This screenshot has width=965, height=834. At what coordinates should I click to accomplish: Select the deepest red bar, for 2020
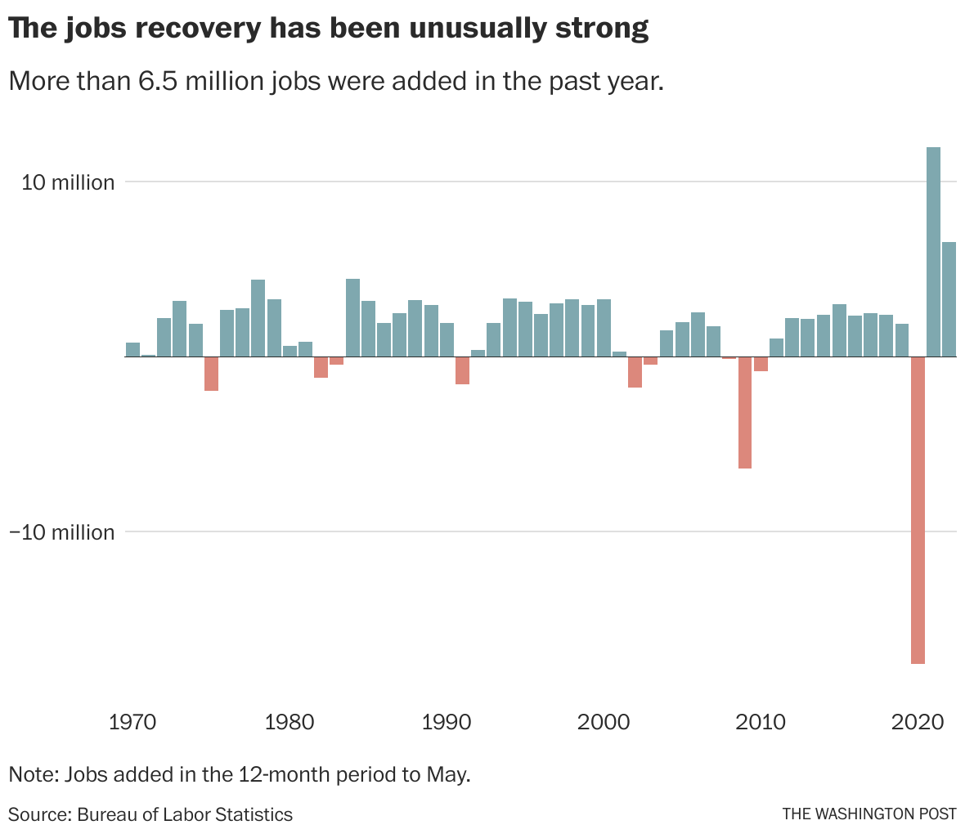918,510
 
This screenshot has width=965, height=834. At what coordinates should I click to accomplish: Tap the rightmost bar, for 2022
949,299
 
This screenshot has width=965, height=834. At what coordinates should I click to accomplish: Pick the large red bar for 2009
744,413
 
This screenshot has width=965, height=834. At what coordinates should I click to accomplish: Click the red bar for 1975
211,374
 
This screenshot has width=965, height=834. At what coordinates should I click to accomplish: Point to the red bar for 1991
462,370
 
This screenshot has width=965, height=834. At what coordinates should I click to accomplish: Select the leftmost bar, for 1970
132,350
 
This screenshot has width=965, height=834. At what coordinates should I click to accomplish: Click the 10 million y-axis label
68,182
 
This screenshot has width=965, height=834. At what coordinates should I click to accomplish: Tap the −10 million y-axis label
61,532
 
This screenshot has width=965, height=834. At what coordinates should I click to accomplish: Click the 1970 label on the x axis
132,723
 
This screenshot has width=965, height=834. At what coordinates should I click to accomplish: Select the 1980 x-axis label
289,723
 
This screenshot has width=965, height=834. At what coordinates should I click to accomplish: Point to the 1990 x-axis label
447,723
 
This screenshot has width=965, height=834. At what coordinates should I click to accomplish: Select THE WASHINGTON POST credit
868,814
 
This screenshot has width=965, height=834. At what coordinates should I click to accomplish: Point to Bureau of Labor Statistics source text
185,814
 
